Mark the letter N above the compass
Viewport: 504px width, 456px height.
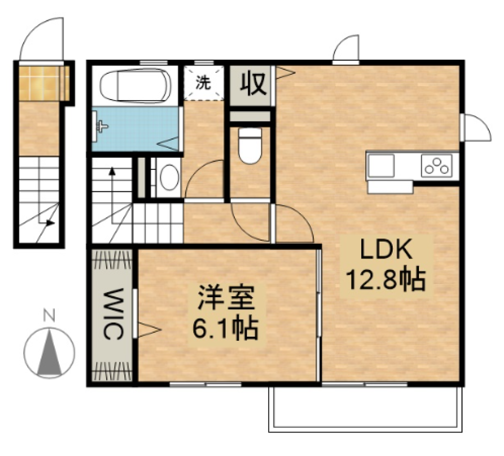49,316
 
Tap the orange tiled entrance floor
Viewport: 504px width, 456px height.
44,82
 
